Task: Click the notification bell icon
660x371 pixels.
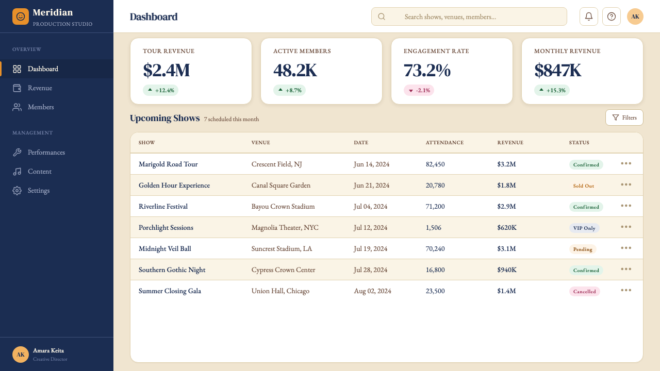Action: tap(588, 16)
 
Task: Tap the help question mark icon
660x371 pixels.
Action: tap(612, 16)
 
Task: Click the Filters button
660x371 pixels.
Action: tap(624, 117)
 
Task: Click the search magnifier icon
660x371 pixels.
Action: tap(381, 16)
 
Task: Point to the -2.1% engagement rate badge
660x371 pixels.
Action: tap(419, 90)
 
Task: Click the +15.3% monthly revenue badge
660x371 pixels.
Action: tap(552, 90)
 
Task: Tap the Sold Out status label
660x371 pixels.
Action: tap(583, 186)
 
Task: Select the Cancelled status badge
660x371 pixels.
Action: tap(584, 292)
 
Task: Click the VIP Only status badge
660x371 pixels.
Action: tap(584, 228)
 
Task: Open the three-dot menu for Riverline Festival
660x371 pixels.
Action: tap(626, 206)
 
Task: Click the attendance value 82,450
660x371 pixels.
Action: tap(435, 164)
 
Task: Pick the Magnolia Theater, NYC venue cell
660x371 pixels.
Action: tap(285, 228)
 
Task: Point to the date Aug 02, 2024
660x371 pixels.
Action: tap(372, 291)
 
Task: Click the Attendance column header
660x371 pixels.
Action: tap(444, 143)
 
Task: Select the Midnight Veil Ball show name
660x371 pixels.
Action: tap(164, 249)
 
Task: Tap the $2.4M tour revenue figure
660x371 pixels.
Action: tap(166, 71)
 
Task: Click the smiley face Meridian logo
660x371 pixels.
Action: tap(20, 16)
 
